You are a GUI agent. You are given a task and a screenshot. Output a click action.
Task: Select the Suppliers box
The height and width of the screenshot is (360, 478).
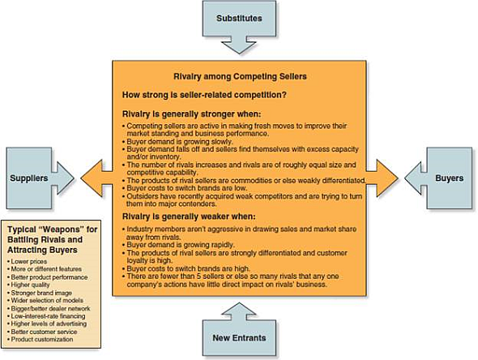pyautogui.click(x=32, y=176)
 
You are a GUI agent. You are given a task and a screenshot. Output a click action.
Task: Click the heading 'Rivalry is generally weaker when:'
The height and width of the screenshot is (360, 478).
pyautogui.click(x=182, y=217)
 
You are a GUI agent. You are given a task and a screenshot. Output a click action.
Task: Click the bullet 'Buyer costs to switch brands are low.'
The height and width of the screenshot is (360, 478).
pyautogui.click(x=181, y=188)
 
